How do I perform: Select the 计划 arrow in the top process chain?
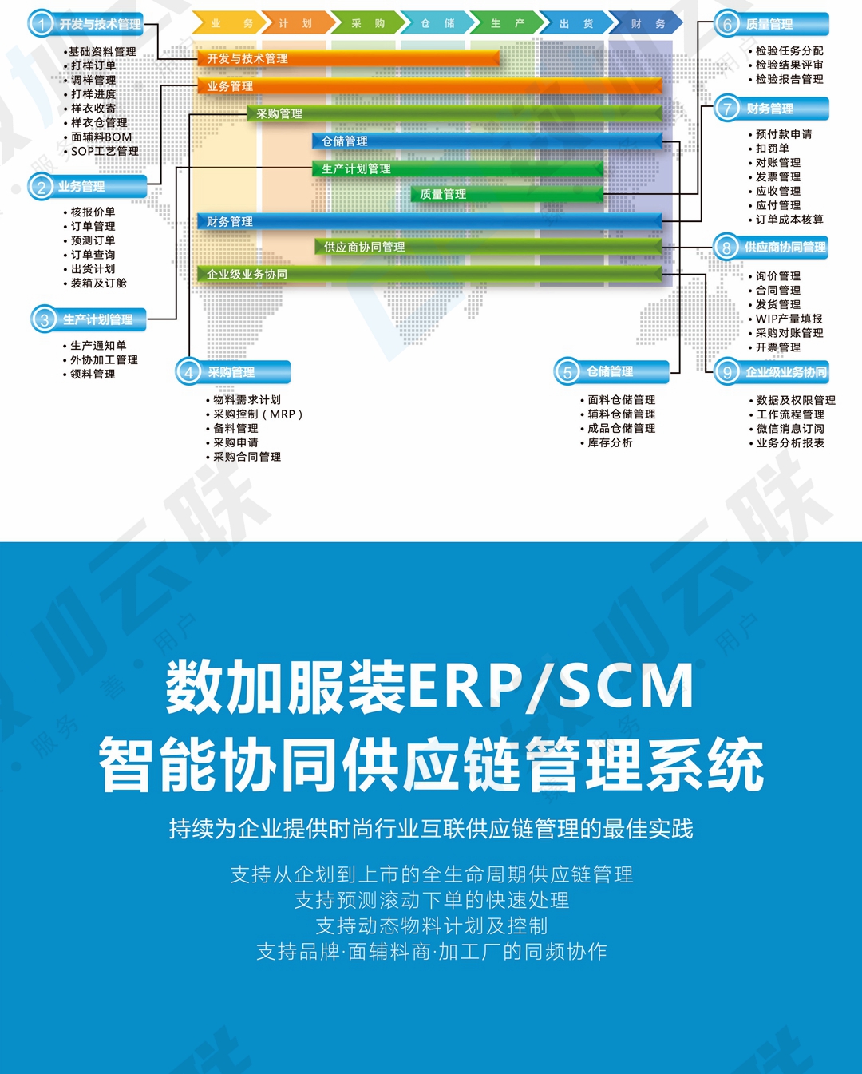click(x=297, y=23)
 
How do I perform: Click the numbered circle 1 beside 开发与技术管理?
click(x=41, y=24)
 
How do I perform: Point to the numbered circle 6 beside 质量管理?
click(x=727, y=24)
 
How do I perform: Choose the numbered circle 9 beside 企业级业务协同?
click(x=727, y=372)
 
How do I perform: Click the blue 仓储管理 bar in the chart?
click(x=487, y=141)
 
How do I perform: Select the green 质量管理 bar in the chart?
click(x=507, y=194)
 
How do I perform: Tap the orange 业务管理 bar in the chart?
click(x=429, y=86)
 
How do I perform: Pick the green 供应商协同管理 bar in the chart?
click(x=488, y=247)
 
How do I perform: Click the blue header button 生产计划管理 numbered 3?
click(x=89, y=319)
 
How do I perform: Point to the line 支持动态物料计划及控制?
click(x=432, y=925)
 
